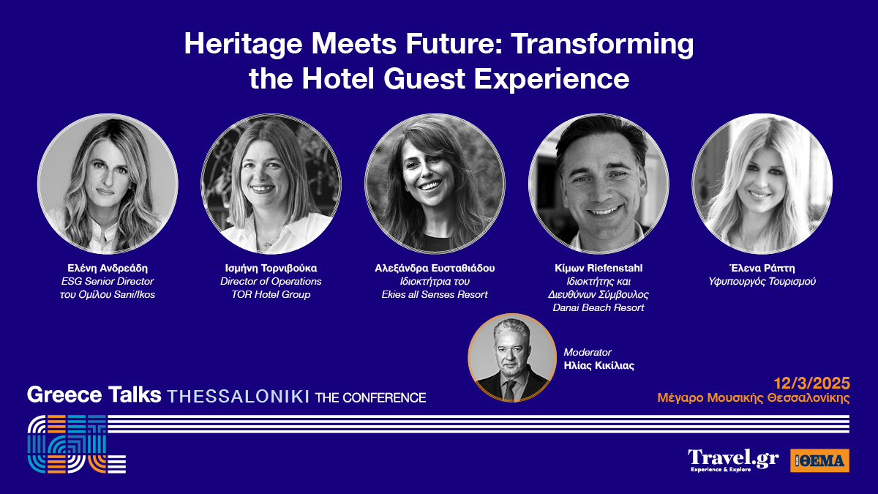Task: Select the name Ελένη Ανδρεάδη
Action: (108, 268)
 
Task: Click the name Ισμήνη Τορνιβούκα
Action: (271, 268)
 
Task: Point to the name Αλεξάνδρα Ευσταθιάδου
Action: (435, 268)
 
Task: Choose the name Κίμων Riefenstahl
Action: (599, 268)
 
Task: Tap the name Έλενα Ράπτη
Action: (762, 268)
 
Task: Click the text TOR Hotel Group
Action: (271, 294)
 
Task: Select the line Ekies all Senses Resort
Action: (435, 294)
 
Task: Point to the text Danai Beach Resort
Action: (599, 308)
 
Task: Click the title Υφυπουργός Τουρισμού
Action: (762, 282)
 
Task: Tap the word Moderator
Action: (588, 352)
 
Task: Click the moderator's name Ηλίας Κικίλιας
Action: (599, 365)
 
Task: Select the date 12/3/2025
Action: (811, 383)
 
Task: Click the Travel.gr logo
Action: (733, 460)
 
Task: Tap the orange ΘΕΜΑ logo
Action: (819, 460)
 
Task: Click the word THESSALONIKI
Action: (239, 397)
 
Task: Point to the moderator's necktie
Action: (509, 389)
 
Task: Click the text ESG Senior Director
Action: (108, 282)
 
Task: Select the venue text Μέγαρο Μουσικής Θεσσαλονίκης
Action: (754, 397)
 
